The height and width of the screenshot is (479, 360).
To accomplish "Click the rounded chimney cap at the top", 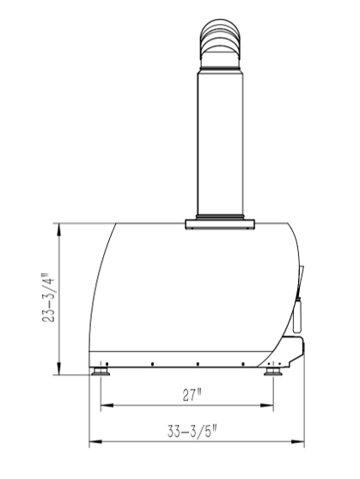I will (221, 39).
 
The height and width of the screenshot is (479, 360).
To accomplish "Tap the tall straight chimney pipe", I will (221, 138).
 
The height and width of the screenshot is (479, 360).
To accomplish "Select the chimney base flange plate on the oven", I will (221, 225).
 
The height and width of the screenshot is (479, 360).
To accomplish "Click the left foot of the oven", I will (102, 372).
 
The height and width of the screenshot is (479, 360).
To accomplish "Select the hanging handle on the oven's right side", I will (298, 314).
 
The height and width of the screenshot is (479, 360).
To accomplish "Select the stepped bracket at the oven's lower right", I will (295, 348).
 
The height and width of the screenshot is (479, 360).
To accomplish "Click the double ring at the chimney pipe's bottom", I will (221, 215).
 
